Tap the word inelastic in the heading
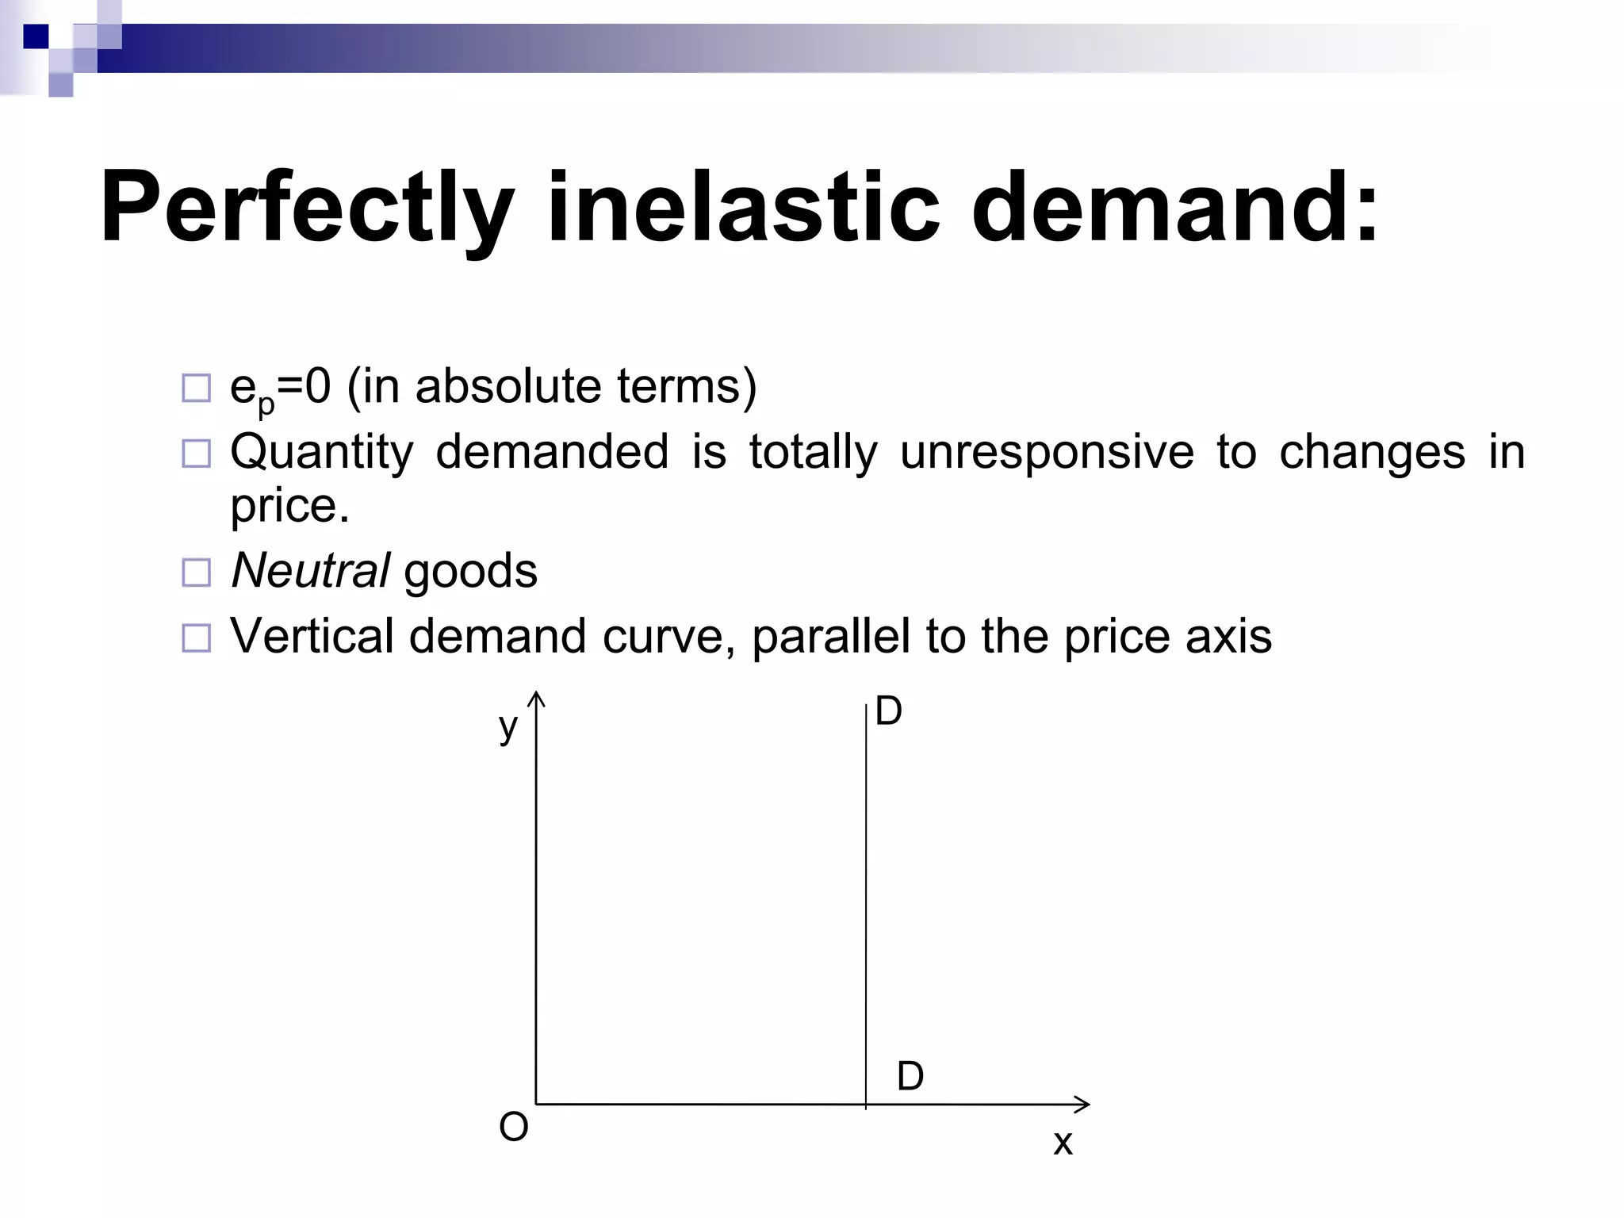click(x=743, y=208)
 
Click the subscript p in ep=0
click(x=266, y=404)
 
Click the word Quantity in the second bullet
click(x=322, y=453)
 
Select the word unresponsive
click(x=1047, y=453)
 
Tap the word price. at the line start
click(x=289, y=506)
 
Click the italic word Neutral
click(x=310, y=571)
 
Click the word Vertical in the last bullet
click(x=312, y=636)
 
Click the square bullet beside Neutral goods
click(x=197, y=573)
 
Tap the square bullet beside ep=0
click(x=197, y=389)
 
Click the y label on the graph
click(x=507, y=726)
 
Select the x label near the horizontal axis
click(x=1063, y=1143)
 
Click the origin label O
click(x=513, y=1127)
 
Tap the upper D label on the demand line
click(x=888, y=712)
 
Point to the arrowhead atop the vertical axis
click(x=537, y=697)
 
